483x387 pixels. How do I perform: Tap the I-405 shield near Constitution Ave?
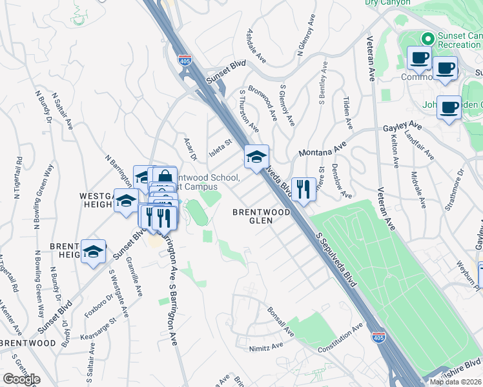379,337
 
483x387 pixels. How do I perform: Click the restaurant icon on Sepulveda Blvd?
302,189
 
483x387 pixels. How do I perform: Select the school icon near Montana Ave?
256,156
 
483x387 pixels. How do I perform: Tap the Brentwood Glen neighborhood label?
262,215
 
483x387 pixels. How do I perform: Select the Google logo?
21,379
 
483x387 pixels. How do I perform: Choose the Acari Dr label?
189,149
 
